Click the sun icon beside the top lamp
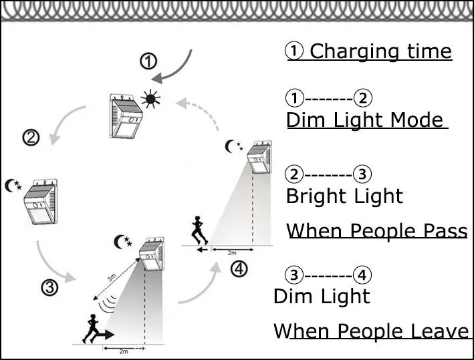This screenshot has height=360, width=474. (150, 100)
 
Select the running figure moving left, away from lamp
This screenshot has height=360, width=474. (197, 231)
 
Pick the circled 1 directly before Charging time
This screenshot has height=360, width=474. (295, 51)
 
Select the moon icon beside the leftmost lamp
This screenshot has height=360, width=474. (12, 185)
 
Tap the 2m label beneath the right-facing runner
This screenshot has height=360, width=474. (123, 350)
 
